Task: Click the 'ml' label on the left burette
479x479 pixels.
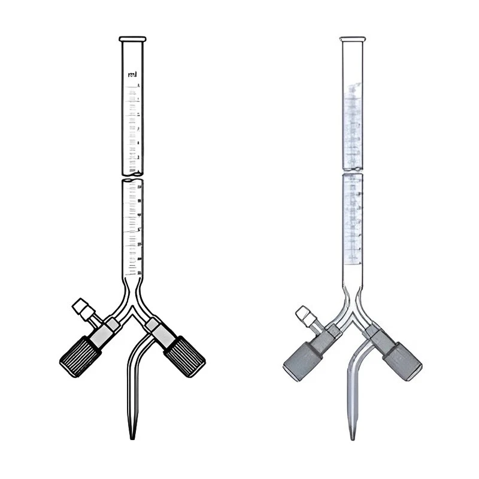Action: tap(132, 75)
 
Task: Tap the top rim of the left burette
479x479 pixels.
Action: tap(132, 40)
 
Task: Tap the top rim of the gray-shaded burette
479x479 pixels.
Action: tap(353, 40)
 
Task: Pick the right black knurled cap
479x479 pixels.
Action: tap(184, 356)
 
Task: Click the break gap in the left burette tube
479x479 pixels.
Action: tap(132, 177)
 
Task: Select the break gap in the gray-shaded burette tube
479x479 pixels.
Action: tap(353, 172)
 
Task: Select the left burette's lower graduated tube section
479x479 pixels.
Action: tap(132, 228)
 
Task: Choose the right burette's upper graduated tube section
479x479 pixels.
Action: tap(353, 120)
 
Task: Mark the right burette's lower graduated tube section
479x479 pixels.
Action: tap(353, 222)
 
